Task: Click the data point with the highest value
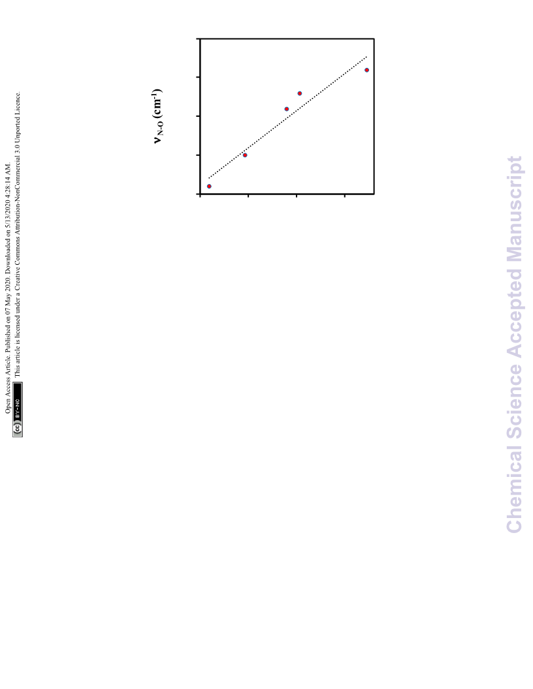pyautogui.click(x=367, y=70)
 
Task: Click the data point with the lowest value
pyautogui.click(x=209, y=187)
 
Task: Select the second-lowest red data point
pyautogui.click(x=245, y=155)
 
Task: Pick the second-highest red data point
pyautogui.click(x=300, y=93)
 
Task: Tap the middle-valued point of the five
pyautogui.click(x=287, y=109)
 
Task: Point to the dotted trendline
pyautogui.click(x=287, y=117)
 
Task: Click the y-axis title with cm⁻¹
pyautogui.click(x=158, y=116)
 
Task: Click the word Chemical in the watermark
pyautogui.click(x=514, y=489)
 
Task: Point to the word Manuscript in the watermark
pyautogui.click(x=514, y=208)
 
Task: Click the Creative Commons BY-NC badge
pyautogui.click(x=18, y=409)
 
